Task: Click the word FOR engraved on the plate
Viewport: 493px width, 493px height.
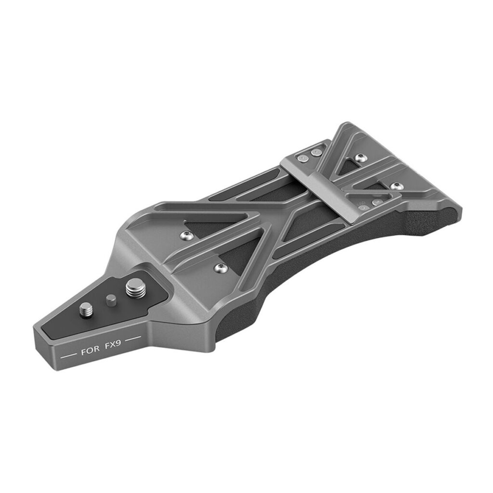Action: point(90,351)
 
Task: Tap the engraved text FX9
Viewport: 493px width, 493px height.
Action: point(112,346)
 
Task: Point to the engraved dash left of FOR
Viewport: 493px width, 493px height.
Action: point(68,356)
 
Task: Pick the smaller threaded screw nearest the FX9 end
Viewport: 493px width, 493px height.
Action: point(87,311)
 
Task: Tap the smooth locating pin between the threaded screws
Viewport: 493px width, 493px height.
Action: point(111,300)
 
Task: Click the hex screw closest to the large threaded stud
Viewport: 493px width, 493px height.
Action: point(221,268)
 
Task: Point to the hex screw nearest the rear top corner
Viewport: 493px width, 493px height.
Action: point(361,158)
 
